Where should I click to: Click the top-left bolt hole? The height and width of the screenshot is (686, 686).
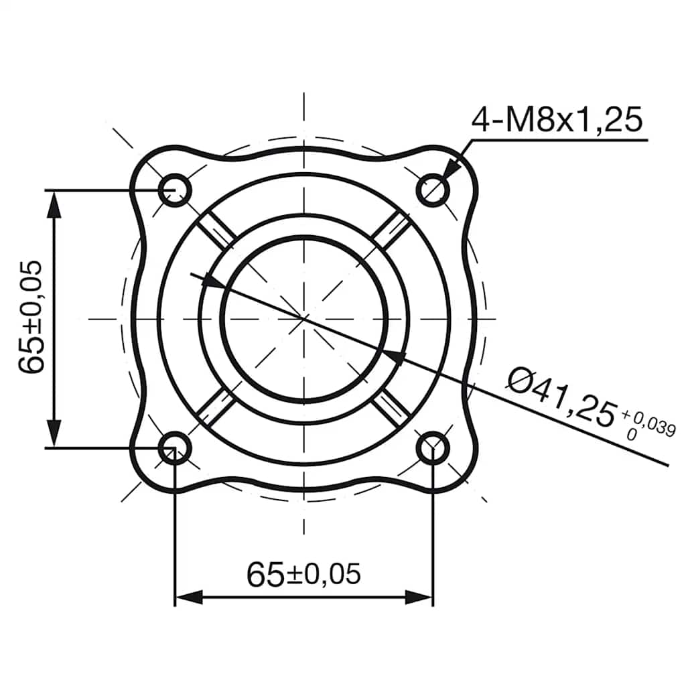176,190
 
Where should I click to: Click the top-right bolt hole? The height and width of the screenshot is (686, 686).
433,190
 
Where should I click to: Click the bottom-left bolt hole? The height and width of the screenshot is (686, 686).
176,448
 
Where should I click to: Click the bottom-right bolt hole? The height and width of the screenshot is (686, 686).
433,448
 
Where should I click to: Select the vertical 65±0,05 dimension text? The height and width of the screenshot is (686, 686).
31,318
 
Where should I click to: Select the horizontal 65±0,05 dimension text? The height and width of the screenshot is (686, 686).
303,574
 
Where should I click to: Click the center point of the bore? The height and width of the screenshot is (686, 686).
305,318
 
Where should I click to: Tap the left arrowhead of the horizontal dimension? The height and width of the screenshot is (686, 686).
188,597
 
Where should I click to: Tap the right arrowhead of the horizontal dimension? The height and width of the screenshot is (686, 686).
420,597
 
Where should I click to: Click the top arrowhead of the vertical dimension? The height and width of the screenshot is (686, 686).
54,204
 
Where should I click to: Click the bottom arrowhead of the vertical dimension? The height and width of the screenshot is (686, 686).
54,433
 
